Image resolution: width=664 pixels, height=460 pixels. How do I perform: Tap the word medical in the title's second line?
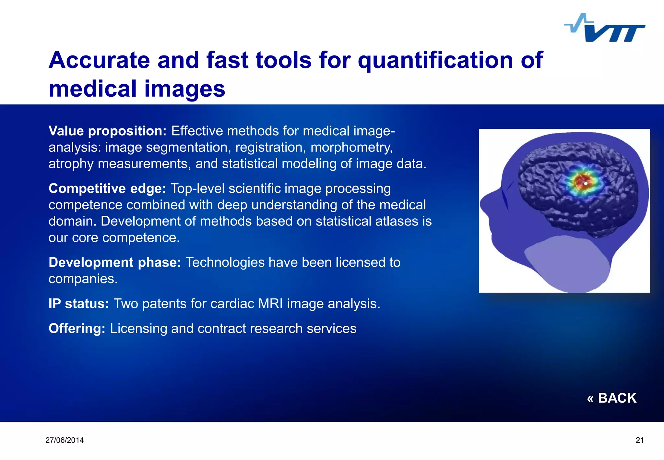(x=93, y=89)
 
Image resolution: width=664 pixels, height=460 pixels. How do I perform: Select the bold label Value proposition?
(x=107, y=131)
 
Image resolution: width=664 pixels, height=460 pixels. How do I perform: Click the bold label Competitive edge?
(x=107, y=188)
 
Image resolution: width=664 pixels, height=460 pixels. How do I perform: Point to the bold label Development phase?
(x=115, y=262)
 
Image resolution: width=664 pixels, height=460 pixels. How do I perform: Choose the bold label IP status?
(x=79, y=304)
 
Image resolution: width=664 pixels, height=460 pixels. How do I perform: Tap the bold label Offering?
(x=77, y=329)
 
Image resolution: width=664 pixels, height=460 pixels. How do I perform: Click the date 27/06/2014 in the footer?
(x=65, y=440)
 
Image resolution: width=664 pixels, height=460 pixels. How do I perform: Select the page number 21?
(x=639, y=440)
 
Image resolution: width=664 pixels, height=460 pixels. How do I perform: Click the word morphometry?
(x=351, y=148)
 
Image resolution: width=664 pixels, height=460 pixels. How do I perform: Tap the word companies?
(x=83, y=279)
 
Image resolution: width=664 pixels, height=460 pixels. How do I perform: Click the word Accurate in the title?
(x=99, y=60)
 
